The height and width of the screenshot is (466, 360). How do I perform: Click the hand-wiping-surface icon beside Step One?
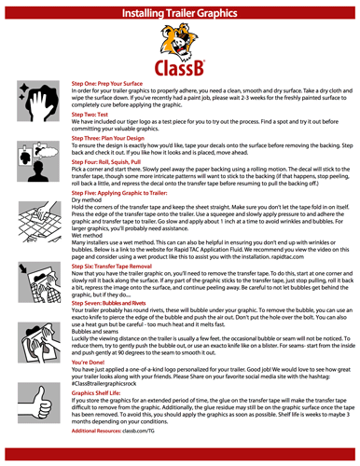click(36, 101)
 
